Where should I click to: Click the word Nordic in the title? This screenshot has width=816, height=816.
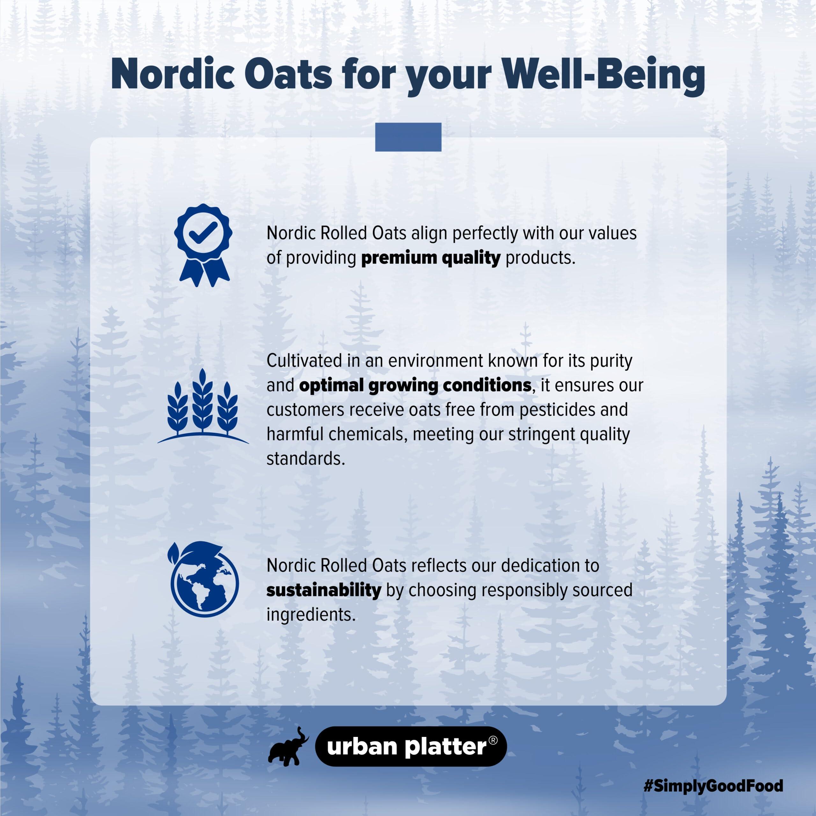click(173, 74)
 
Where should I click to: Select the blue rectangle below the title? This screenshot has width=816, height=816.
click(408, 137)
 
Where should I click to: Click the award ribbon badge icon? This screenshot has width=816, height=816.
click(203, 245)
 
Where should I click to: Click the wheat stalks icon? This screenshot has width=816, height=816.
click(203, 406)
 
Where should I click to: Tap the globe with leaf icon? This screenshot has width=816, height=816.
click(204, 579)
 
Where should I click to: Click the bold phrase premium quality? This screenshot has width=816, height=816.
click(431, 258)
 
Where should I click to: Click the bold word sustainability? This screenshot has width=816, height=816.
click(324, 590)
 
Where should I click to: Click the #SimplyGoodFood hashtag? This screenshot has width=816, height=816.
click(713, 786)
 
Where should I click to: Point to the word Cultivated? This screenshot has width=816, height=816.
click(304, 361)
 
